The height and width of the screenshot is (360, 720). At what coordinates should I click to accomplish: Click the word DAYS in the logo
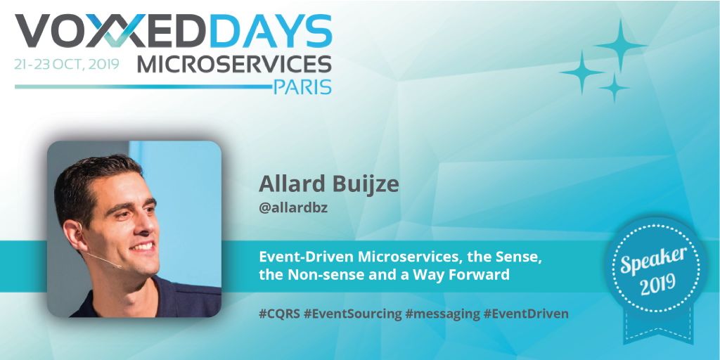(269, 31)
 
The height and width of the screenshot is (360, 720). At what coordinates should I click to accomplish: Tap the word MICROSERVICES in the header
(234, 64)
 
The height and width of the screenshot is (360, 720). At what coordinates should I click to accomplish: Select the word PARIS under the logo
(302, 87)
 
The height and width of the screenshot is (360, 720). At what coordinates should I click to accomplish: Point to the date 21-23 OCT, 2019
(67, 64)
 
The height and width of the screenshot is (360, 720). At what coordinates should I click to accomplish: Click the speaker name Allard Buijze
(329, 184)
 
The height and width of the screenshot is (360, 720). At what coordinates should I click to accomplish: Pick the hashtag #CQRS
(279, 314)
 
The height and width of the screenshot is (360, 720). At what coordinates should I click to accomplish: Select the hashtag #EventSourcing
(353, 314)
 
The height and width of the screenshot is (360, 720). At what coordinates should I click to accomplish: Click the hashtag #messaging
(442, 314)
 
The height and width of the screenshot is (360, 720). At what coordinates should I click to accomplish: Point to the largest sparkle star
(621, 45)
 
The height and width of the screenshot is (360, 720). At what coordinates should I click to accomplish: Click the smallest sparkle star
(614, 88)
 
